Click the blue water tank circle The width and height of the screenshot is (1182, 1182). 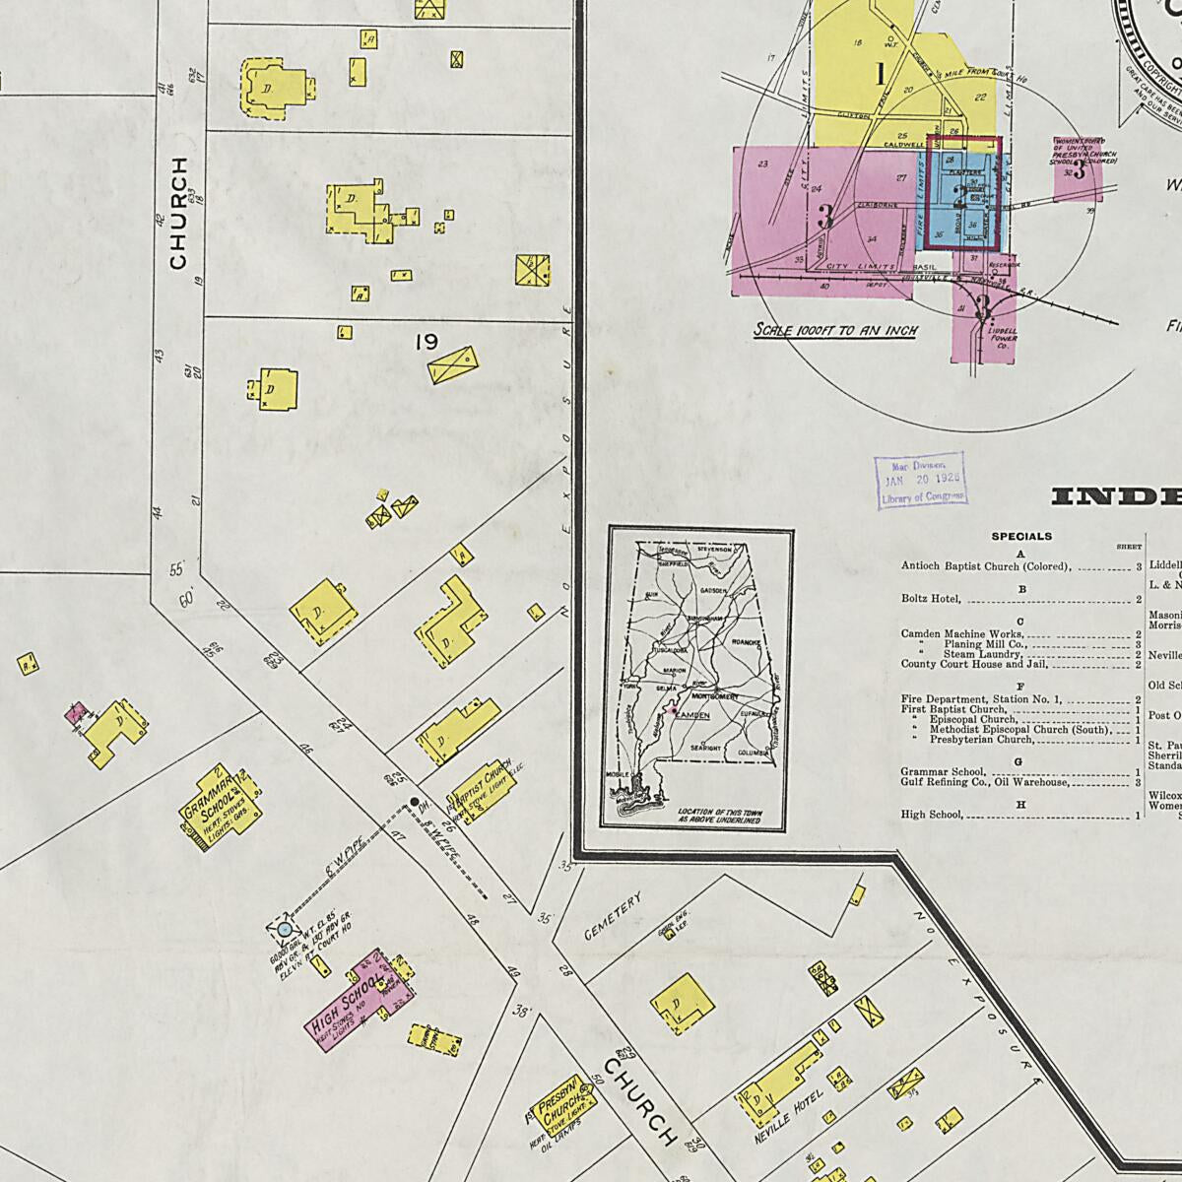pyautogui.click(x=285, y=929)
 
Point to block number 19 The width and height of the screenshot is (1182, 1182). pyautogui.click(x=426, y=342)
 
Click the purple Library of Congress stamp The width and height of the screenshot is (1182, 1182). pyautogui.click(x=920, y=482)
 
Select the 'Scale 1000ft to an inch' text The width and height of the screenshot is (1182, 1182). pyautogui.click(x=834, y=331)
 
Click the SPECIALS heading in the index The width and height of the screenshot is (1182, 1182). pyautogui.click(x=1021, y=537)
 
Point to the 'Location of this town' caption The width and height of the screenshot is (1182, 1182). pyautogui.click(x=719, y=814)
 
